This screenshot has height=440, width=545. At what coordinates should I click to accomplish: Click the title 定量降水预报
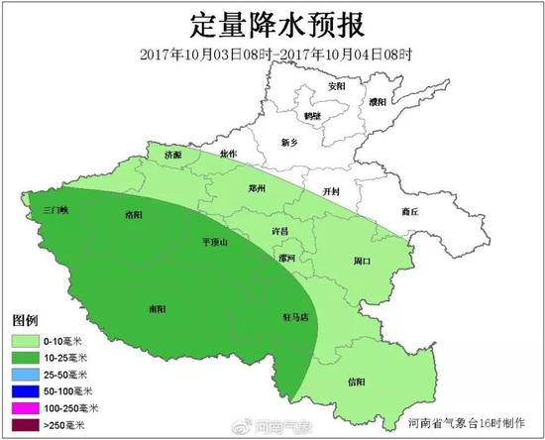(x=272, y=22)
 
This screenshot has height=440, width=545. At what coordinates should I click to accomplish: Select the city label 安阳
(x=338, y=86)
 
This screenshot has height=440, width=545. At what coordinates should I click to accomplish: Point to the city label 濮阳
(x=377, y=101)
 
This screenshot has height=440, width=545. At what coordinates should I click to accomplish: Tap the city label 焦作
(x=229, y=154)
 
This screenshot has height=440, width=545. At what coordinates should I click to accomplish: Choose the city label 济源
(x=173, y=157)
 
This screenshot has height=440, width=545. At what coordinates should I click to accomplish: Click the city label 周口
(x=362, y=262)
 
